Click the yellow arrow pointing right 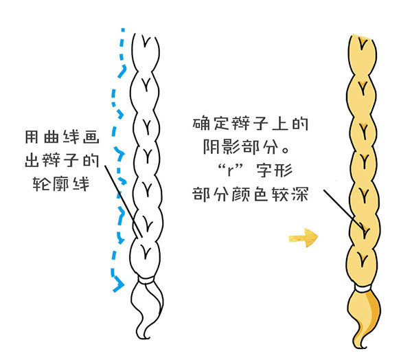coord(304,238)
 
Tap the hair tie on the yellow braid coord(363,284)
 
